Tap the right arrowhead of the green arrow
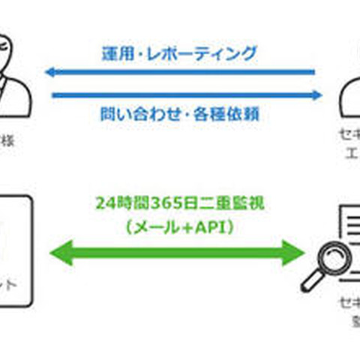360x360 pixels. tap(295, 252)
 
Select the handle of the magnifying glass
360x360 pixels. tap(307, 283)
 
